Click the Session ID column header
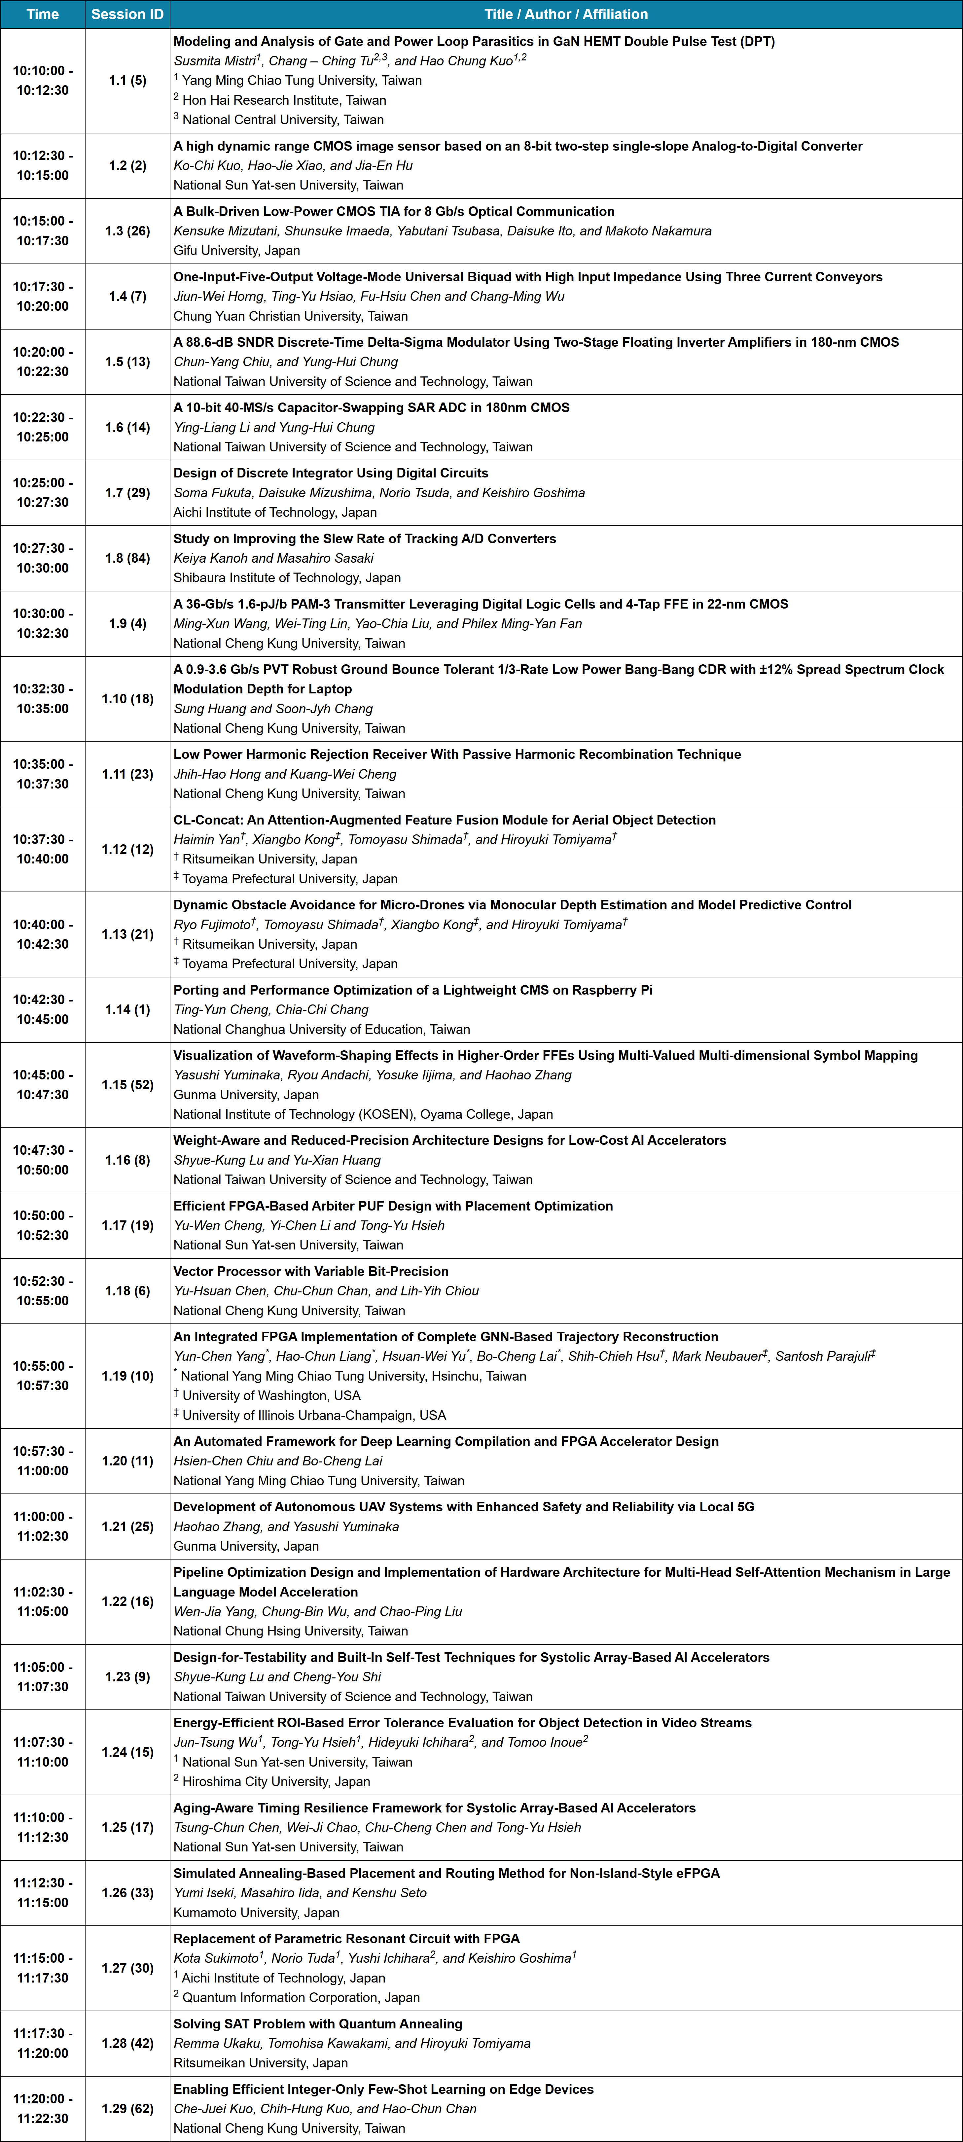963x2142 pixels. point(127,14)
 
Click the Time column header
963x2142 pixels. point(42,14)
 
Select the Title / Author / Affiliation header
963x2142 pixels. point(565,14)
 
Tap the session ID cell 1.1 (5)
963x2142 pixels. point(127,81)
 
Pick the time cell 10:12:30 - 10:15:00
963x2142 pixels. point(42,165)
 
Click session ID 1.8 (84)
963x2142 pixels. point(127,558)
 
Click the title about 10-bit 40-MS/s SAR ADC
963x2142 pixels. point(371,407)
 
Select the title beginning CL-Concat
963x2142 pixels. point(444,820)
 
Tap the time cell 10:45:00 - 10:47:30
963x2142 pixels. point(42,1084)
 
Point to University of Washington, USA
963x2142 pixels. point(271,1395)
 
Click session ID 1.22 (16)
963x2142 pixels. point(127,1601)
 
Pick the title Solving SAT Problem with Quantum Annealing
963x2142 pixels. point(318,2024)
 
